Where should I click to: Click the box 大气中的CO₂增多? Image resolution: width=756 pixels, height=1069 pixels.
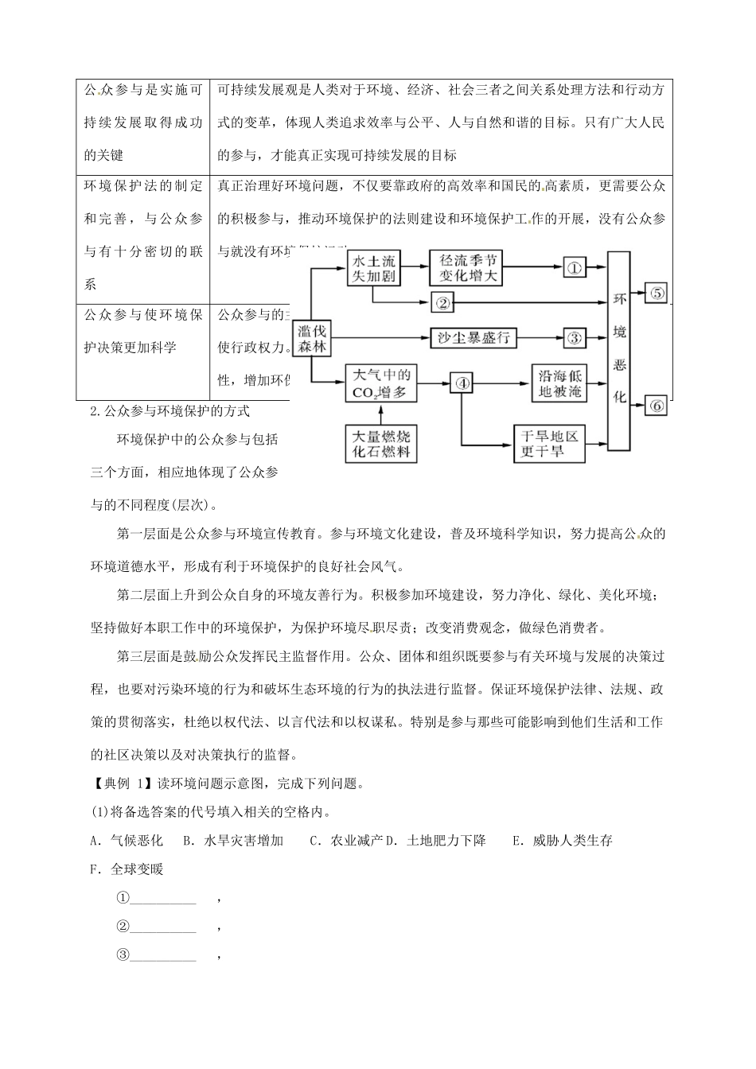click(380, 383)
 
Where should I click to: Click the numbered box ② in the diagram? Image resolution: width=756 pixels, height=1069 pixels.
click(443, 302)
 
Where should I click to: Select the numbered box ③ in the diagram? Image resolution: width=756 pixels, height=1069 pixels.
click(574, 337)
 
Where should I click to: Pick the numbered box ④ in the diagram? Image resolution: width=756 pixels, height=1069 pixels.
click(462, 383)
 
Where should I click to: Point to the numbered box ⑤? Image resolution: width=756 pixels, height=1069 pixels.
click(657, 292)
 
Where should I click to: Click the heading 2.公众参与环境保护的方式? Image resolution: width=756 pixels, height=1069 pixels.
click(171, 411)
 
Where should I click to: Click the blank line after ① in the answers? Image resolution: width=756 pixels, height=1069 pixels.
click(163, 899)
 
